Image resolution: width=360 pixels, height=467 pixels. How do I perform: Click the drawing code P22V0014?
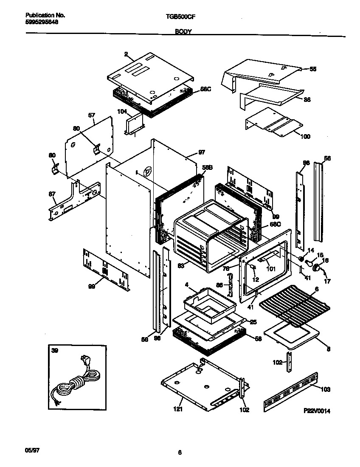tap(317, 411)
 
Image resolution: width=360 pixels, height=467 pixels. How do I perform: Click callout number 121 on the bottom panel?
tap(179, 410)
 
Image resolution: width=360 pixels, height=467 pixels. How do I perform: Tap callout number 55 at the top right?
tap(313, 69)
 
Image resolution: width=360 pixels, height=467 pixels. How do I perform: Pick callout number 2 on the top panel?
tap(126, 54)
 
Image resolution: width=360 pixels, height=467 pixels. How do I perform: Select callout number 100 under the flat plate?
tap(305, 136)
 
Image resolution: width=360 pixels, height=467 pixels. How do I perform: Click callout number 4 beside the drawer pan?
tap(186, 284)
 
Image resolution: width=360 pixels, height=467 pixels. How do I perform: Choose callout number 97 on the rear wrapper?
tap(201, 152)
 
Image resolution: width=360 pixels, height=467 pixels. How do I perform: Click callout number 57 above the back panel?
tap(91, 115)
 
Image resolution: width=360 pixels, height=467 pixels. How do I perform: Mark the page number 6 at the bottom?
tap(180, 453)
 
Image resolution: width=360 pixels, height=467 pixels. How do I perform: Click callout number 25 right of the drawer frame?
tap(253, 322)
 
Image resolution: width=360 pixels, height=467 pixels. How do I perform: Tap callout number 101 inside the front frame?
tap(270, 268)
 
